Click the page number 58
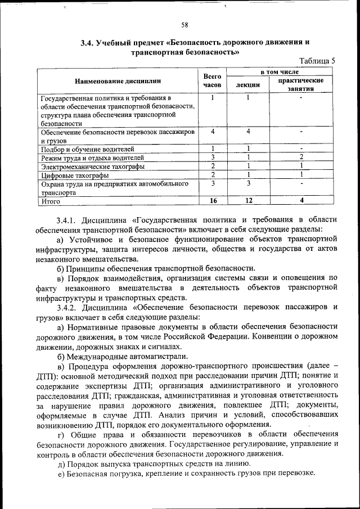pos(184,24)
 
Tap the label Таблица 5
pos(317,61)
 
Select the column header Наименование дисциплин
pos(117,81)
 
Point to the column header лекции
pos(247,85)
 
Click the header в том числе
pos(279,73)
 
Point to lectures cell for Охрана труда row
pos(247,183)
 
